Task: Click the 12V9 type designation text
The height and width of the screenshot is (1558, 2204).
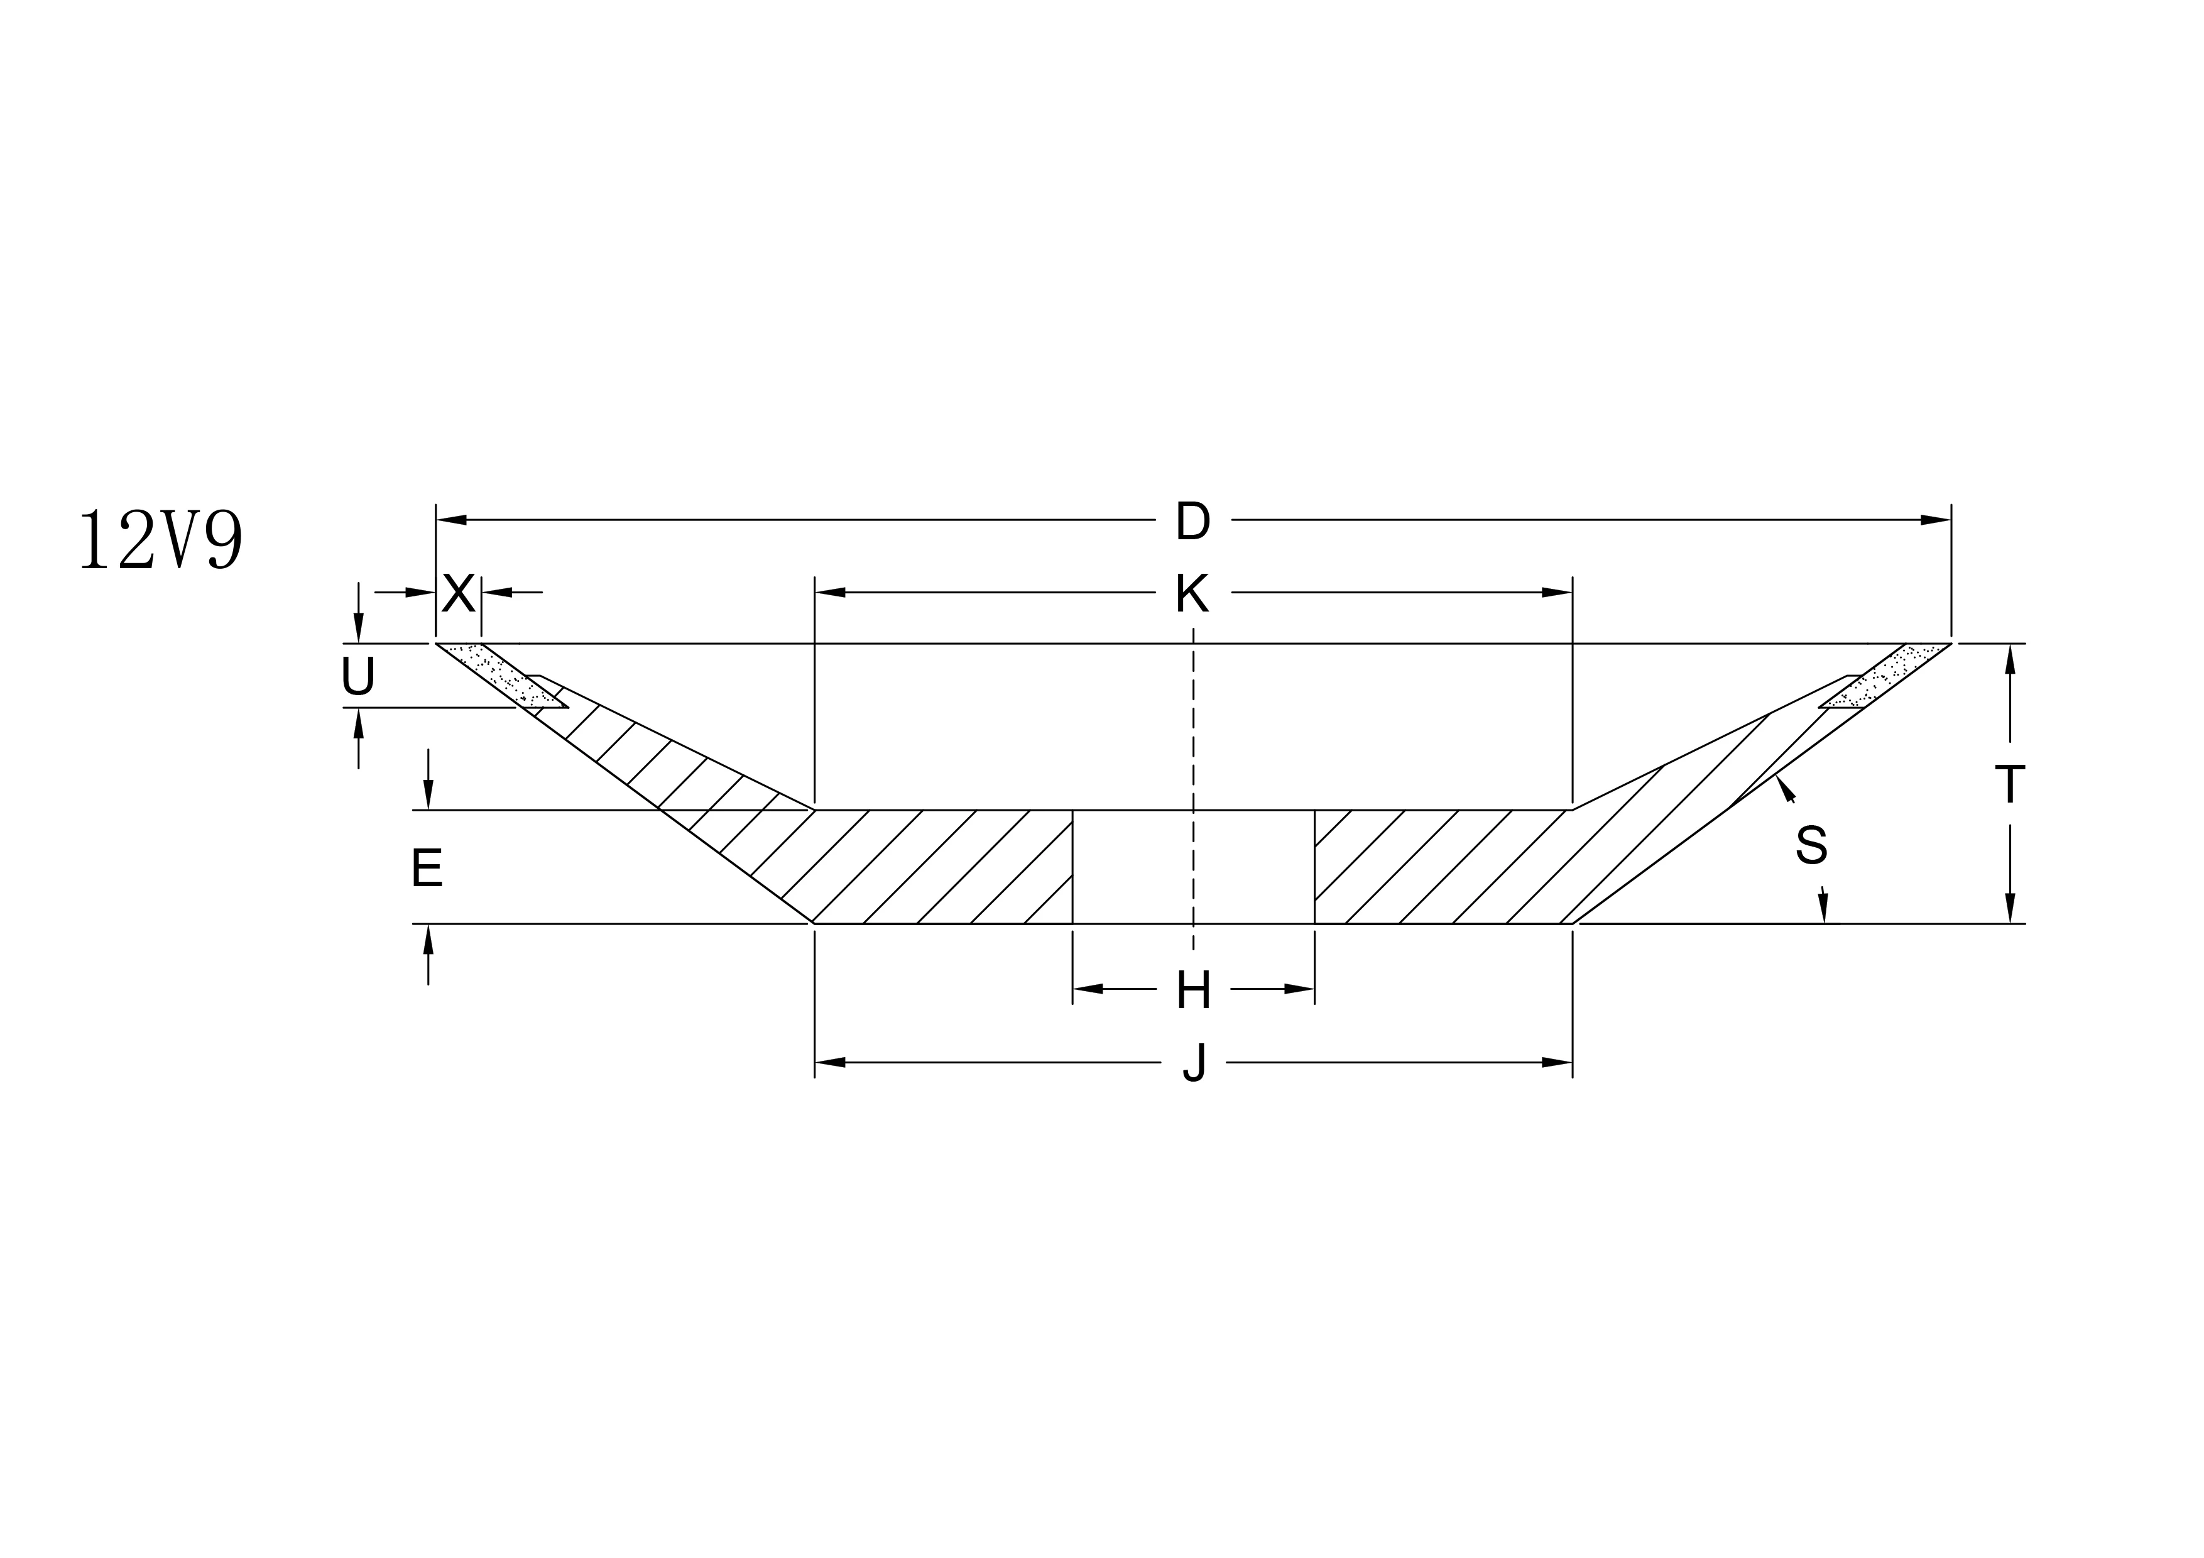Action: point(160,540)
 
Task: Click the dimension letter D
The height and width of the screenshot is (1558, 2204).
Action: point(1192,521)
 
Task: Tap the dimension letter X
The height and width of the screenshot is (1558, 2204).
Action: point(459,594)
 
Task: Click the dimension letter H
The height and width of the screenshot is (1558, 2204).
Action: point(1192,990)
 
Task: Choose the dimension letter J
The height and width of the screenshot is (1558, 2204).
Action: point(1192,1063)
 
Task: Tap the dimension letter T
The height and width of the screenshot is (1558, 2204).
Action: point(2009,784)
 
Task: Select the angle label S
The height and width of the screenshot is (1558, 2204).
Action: point(1811,845)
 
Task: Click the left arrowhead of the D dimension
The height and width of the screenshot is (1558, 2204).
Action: point(451,520)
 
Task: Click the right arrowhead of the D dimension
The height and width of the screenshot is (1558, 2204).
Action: point(1935,520)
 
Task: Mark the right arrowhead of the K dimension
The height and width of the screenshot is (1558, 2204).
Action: point(1556,592)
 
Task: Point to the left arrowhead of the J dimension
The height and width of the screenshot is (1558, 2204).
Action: point(831,1063)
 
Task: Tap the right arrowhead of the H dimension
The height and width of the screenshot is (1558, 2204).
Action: point(1299,989)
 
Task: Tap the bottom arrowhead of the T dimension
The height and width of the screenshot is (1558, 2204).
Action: point(2009,907)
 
